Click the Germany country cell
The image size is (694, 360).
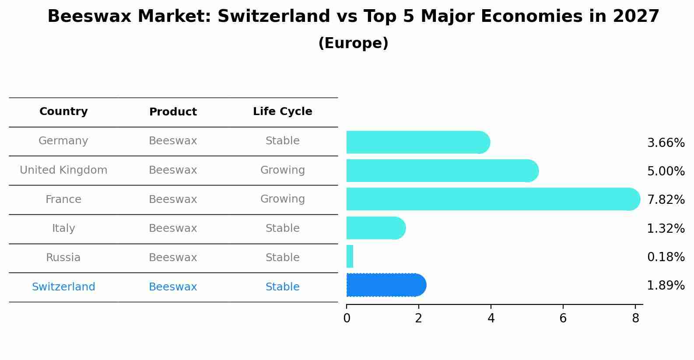tap(63, 141)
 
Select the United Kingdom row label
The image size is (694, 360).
tap(63, 170)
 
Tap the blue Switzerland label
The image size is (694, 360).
tap(63, 287)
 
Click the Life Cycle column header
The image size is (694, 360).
tap(282, 112)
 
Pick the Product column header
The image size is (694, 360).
tap(173, 112)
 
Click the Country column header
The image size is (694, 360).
tap(63, 112)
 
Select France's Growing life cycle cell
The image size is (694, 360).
tap(282, 199)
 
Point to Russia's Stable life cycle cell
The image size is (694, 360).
tap(282, 258)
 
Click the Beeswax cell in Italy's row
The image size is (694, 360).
tap(173, 228)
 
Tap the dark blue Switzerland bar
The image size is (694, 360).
tap(385, 285)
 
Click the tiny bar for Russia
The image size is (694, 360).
tap(350, 256)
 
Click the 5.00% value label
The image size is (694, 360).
tap(666, 171)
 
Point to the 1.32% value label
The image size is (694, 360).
tap(666, 228)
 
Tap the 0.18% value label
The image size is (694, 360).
tap(666, 257)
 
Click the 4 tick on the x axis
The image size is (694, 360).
tap(491, 318)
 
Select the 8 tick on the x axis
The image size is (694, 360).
tap(635, 318)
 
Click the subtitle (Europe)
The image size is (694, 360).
tap(353, 43)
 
